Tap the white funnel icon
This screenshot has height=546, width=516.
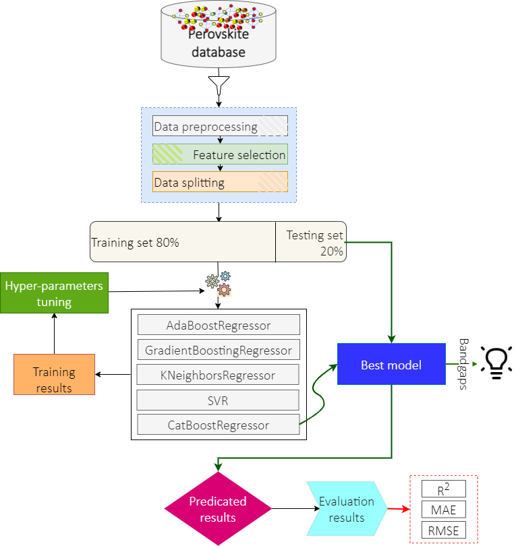[219, 86]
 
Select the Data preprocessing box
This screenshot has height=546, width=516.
[221, 126]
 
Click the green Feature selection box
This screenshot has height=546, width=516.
[220, 154]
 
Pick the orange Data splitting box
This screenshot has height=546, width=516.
[220, 182]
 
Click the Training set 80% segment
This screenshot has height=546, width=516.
[183, 242]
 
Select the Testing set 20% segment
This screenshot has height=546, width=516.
[311, 242]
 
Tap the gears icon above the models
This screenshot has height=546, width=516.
[219, 284]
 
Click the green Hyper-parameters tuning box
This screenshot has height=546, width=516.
[54, 293]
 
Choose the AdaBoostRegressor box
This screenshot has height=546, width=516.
[219, 325]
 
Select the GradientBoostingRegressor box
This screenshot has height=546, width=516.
[219, 350]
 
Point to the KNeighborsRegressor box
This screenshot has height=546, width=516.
[219, 375]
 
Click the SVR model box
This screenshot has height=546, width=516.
[218, 400]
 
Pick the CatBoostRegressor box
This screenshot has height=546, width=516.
[218, 425]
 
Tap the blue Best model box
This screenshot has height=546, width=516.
[391, 365]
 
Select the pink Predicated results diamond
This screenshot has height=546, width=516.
[218, 509]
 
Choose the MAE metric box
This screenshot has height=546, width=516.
[443, 509]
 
